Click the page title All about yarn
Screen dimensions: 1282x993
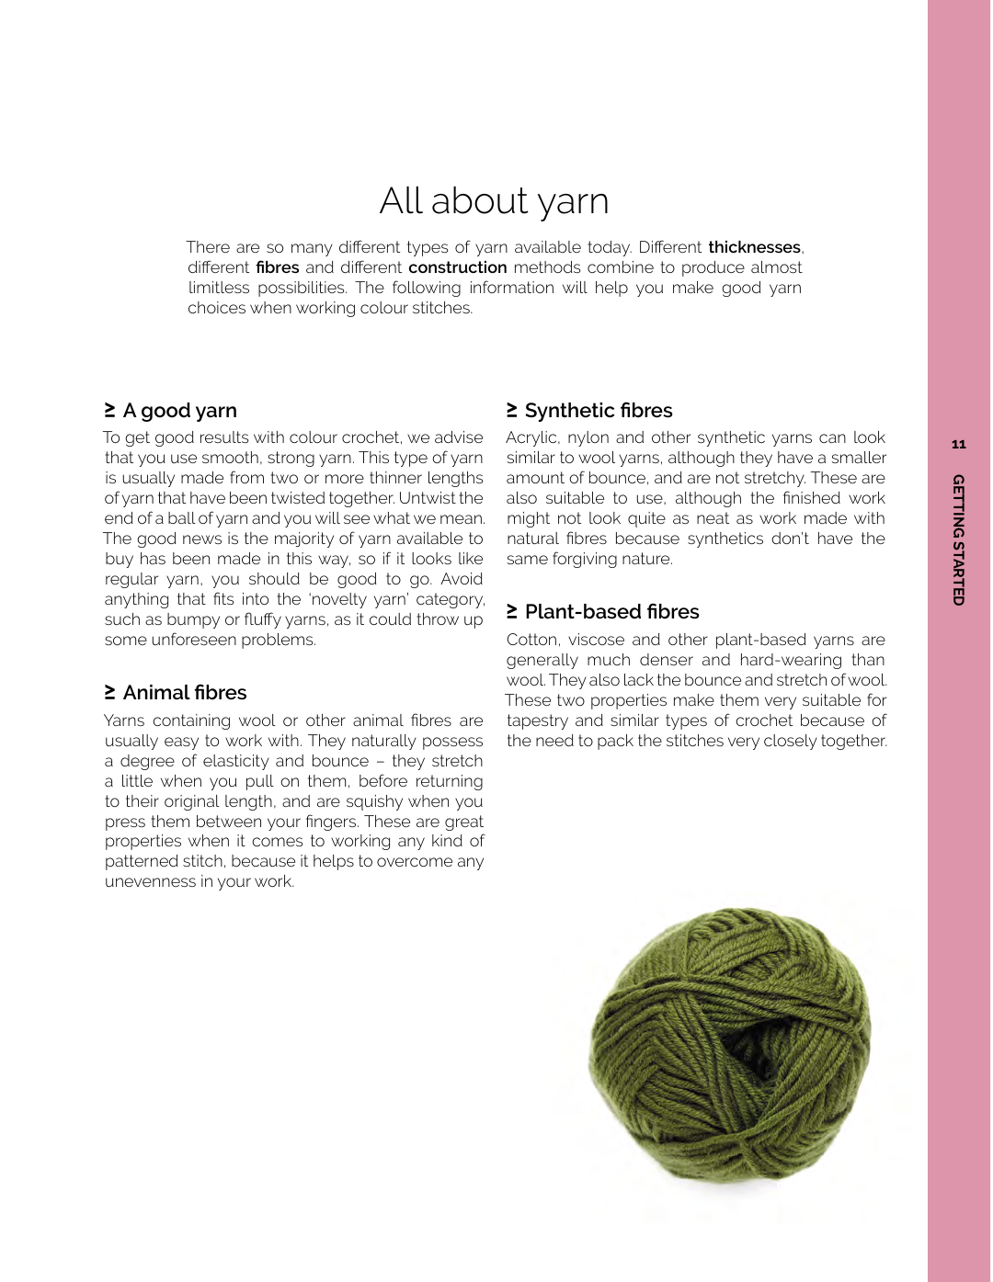[x=494, y=201]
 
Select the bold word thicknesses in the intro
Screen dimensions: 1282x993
[x=754, y=247]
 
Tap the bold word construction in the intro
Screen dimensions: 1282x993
[x=457, y=267]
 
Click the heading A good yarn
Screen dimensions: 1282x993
[x=179, y=411]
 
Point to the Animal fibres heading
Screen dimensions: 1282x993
[x=185, y=693]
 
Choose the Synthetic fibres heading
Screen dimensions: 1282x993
[x=599, y=411]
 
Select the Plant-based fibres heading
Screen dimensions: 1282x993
[x=611, y=612]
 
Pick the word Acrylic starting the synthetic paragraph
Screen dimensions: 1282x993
[x=532, y=437]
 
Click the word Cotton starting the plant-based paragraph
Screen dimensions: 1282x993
[x=532, y=640]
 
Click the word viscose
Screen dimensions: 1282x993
[x=596, y=640]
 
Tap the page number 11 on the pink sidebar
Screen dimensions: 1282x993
[x=959, y=445]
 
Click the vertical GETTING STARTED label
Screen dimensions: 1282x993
[x=959, y=539]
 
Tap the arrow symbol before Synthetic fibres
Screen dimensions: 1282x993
[x=512, y=409]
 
